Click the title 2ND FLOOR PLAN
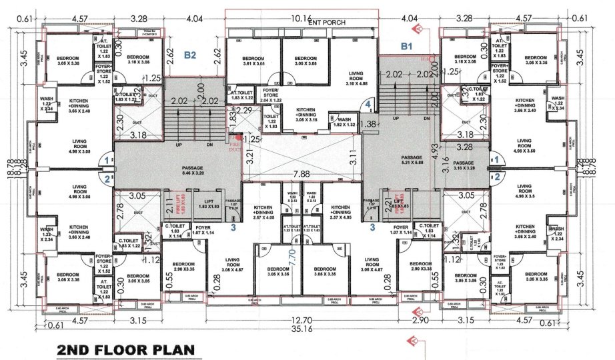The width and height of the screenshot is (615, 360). pyautogui.click(x=125, y=349)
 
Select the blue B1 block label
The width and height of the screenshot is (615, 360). pyautogui.click(x=407, y=46)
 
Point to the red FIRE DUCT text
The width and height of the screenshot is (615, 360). pyautogui.click(x=234, y=141)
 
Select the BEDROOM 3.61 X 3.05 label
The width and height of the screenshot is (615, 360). pyautogui.click(x=253, y=62)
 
